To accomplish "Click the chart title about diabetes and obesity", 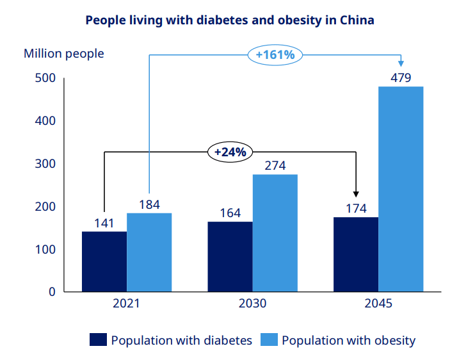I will [229, 20].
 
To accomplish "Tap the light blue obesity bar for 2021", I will [149, 252].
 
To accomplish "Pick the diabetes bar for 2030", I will [230, 256].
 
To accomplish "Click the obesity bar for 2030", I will [275, 233].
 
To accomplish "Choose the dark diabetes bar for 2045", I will [356, 254].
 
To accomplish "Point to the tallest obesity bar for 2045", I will [401, 189].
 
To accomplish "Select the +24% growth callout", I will [230, 152].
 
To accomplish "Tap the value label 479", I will [401, 78].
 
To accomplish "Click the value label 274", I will [275, 166].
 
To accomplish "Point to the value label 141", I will [104, 223].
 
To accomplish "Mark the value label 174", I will [356, 208].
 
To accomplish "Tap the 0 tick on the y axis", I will [51, 291].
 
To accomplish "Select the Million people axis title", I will [63, 54].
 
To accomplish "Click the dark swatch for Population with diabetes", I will [98, 340].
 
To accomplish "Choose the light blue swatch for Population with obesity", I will [269, 340].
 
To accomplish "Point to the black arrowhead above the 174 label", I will [356, 194].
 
